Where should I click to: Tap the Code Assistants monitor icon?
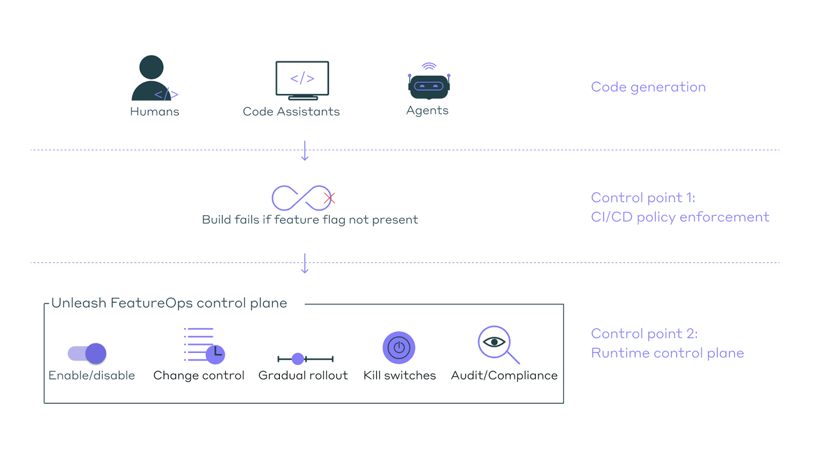(x=302, y=80)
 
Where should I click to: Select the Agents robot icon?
(x=428, y=85)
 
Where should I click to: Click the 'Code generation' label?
(x=648, y=87)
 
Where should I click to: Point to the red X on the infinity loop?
(x=330, y=198)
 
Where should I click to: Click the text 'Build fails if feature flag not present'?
(x=309, y=220)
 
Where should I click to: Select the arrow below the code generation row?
(x=305, y=151)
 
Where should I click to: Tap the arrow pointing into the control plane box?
(x=305, y=263)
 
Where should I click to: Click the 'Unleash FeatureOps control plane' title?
(x=169, y=303)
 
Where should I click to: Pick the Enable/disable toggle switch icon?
(x=87, y=354)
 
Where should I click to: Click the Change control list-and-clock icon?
(x=205, y=345)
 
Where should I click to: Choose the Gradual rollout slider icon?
(x=305, y=359)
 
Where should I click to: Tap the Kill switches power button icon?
(x=399, y=348)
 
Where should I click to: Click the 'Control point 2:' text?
(x=644, y=334)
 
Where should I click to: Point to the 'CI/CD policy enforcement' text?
(x=680, y=218)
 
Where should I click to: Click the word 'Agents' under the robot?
(x=427, y=111)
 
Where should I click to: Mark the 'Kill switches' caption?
(x=399, y=376)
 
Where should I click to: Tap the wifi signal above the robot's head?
(x=429, y=66)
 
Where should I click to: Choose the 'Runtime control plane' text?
(x=667, y=353)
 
